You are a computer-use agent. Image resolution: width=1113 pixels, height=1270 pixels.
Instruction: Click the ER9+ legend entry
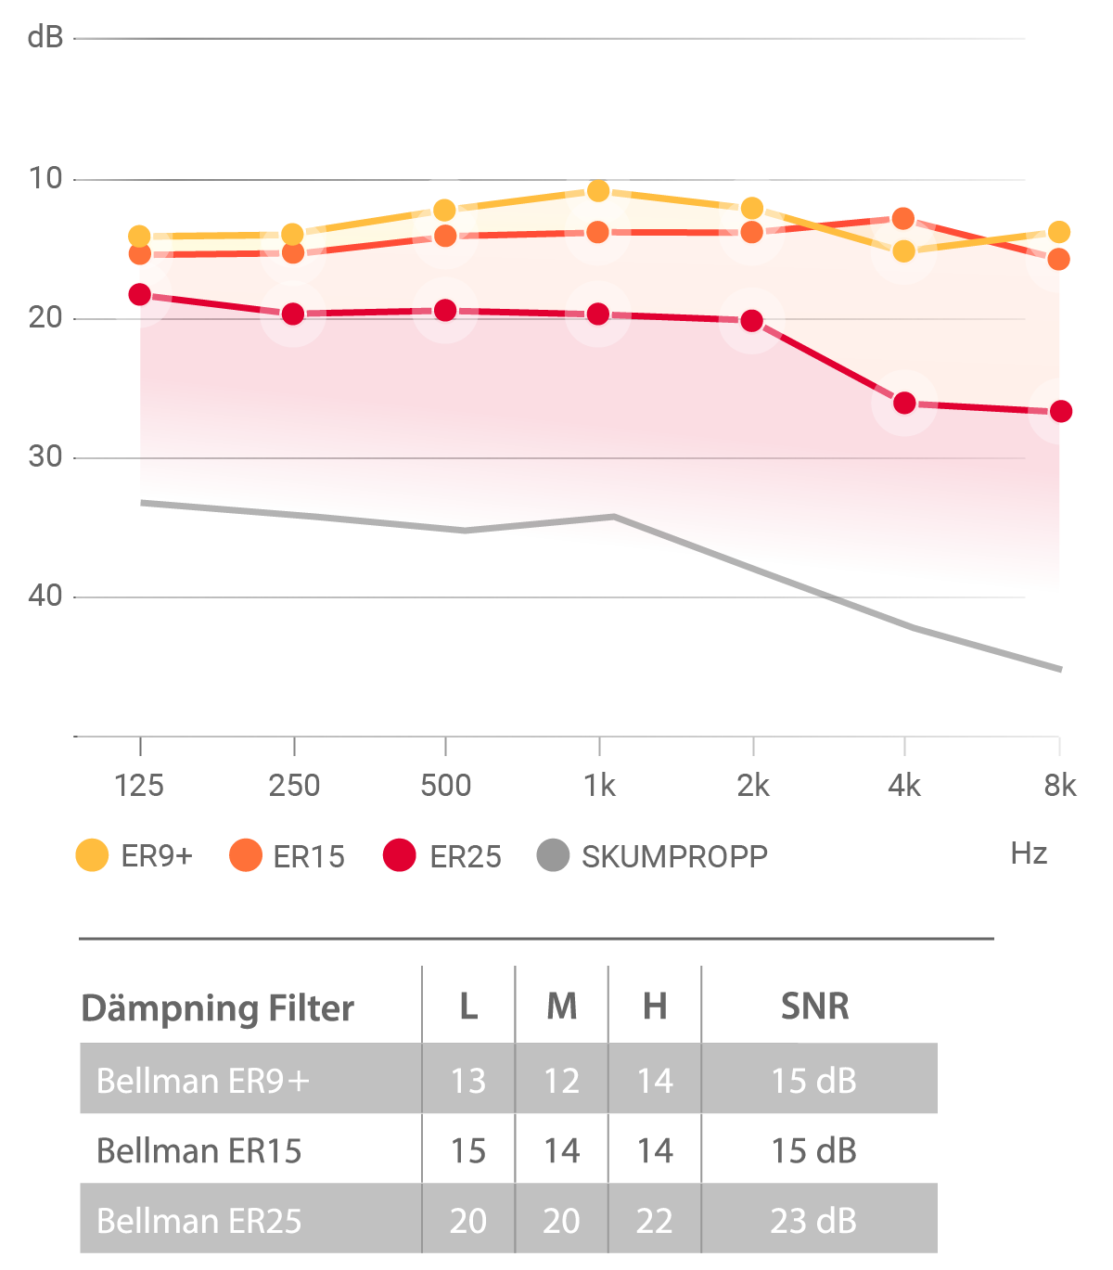[x=134, y=855]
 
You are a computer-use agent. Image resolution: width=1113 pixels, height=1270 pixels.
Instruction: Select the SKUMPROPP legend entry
[x=653, y=855]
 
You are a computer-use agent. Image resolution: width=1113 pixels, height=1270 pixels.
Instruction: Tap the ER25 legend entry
[x=442, y=855]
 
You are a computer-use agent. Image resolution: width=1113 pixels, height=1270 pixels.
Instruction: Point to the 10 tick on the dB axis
[x=45, y=178]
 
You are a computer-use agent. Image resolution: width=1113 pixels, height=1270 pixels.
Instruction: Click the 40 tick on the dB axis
[x=45, y=596]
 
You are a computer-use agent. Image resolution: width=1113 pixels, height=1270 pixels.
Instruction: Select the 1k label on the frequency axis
[x=599, y=786]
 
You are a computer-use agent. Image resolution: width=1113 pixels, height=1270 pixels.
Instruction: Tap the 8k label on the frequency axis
[x=1059, y=786]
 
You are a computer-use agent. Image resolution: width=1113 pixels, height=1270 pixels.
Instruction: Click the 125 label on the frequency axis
[x=139, y=786]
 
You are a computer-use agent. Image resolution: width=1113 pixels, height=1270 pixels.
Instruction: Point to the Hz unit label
[x=1029, y=853]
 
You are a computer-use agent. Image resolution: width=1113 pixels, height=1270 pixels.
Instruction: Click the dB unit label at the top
[x=45, y=37]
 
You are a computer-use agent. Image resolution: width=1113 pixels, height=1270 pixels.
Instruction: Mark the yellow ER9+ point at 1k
[x=598, y=192]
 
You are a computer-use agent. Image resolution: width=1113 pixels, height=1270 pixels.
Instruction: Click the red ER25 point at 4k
[x=904, y=404]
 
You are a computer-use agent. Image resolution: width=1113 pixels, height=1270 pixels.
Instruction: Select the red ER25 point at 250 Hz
[x=293, y=314]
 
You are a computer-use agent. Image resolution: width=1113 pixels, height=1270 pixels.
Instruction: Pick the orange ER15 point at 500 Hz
[x=446, y=237]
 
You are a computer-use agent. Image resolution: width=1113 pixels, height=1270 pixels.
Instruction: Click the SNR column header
[x=814, y=1007]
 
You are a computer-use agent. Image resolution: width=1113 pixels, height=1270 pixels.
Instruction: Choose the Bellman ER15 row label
[x=199, y=1151]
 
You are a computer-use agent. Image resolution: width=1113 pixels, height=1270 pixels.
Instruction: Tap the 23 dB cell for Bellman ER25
[x=813, y=1221]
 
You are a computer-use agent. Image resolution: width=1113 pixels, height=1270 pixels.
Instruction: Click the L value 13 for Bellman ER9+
[x=468, y=1081]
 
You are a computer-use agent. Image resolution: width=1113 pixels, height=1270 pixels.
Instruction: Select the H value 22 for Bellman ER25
[x=655, y=1221]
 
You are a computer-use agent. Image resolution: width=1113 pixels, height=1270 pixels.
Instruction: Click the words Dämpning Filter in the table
[x=218, y=1008]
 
